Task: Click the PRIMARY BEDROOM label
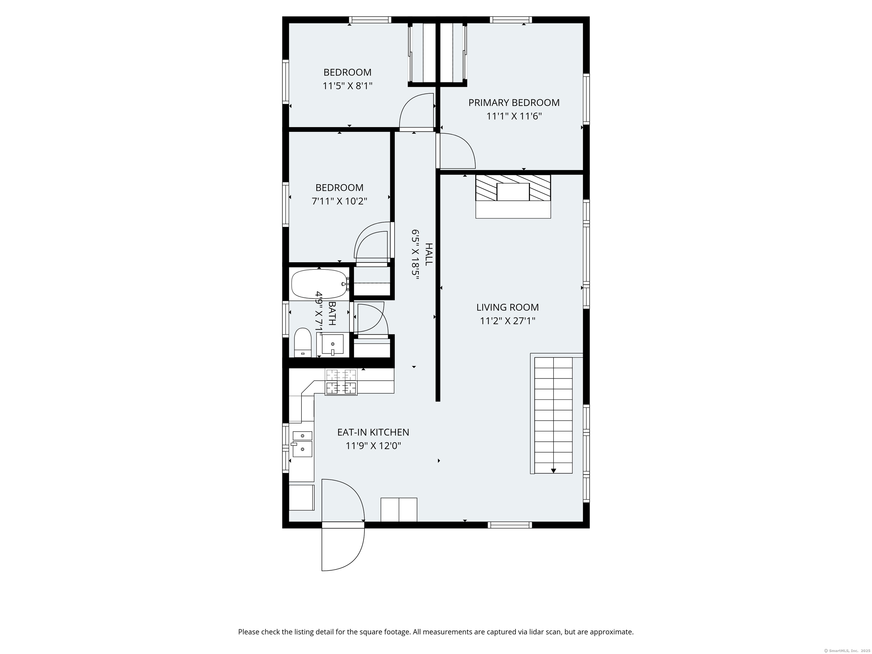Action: click(514, 102)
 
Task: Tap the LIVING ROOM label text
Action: click(507, 307)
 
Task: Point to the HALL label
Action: click(429, 254)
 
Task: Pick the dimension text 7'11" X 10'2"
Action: click(339, 201)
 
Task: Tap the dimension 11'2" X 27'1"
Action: click(507, 321)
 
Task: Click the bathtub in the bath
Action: click(319, 284)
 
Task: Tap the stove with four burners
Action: click(341, 381)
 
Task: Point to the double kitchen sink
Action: click(302, 444)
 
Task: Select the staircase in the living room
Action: click(553, 415)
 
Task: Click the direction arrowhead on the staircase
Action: click(554, 471)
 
